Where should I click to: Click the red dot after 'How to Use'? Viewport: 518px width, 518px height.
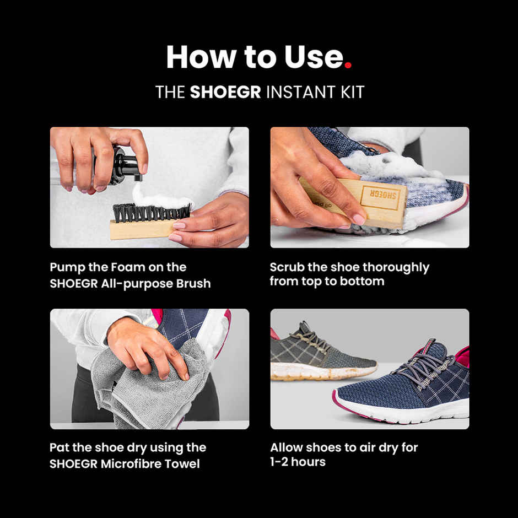click(x=348, y=66)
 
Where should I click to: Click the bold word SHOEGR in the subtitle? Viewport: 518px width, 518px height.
click(x=225, y=92)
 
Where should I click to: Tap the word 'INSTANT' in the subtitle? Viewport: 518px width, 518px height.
click(x=296, y=92)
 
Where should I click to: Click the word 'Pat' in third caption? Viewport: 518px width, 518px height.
click(x=60, y=447)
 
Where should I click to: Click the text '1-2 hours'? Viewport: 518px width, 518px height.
click(x=298, y=462)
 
